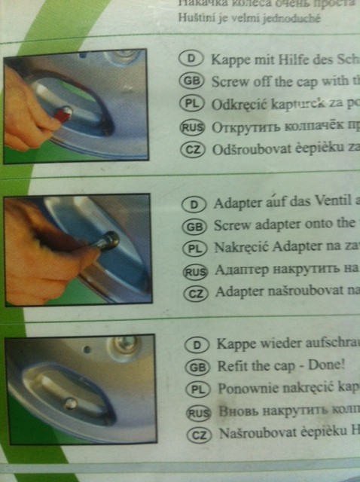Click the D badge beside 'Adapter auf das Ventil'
[x=195, y=203]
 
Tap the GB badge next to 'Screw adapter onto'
[x=195, y=224]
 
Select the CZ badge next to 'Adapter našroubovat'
[x=195, y=292]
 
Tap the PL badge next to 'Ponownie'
[x=195, y=389]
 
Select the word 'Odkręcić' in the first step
[x=242, y=104]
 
